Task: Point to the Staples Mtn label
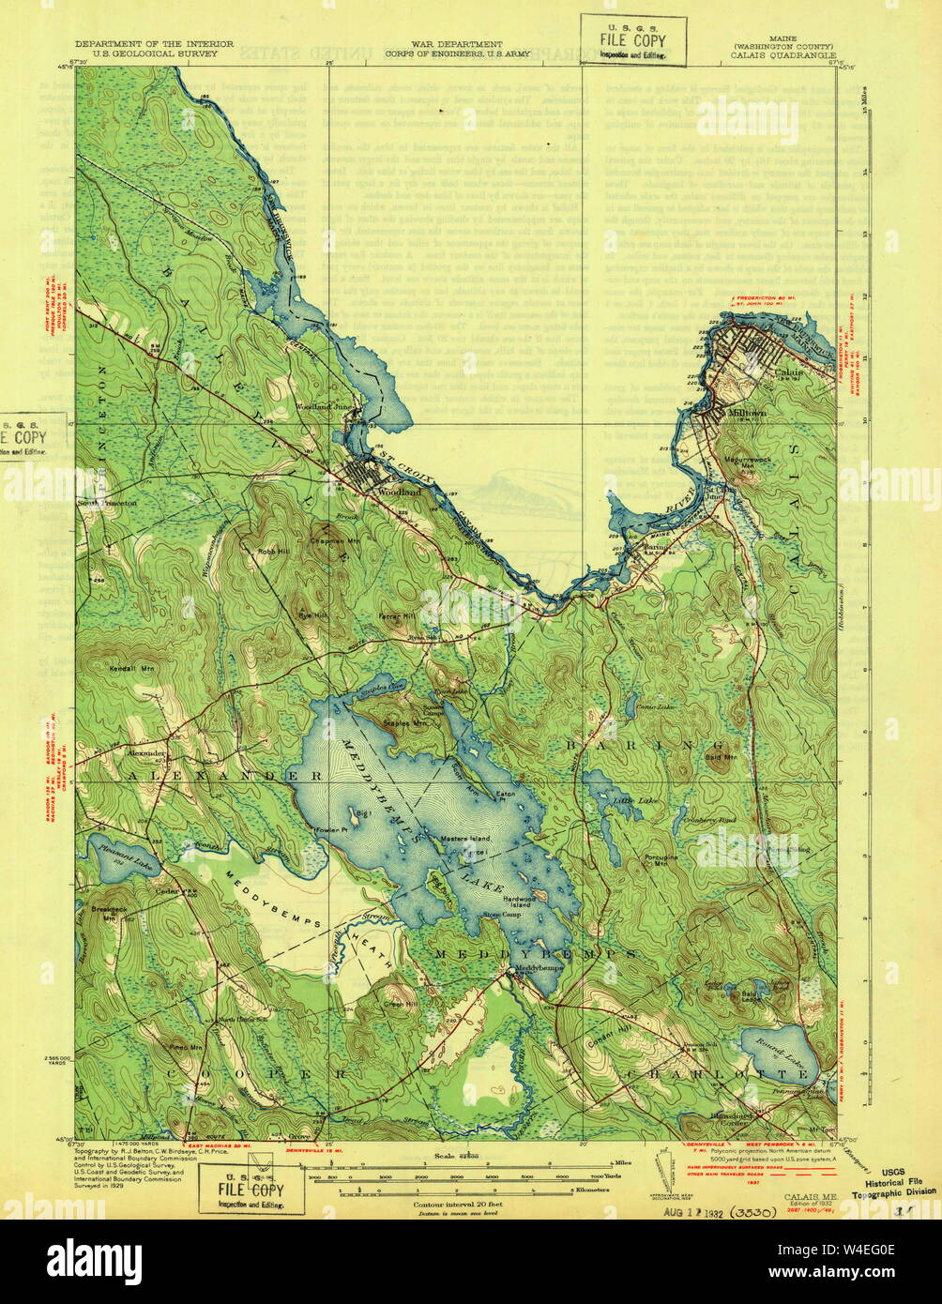pos(407,723)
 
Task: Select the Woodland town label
pos(394,491)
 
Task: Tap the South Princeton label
pos(107,502)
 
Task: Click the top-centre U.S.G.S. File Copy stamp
pos(632,40)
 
